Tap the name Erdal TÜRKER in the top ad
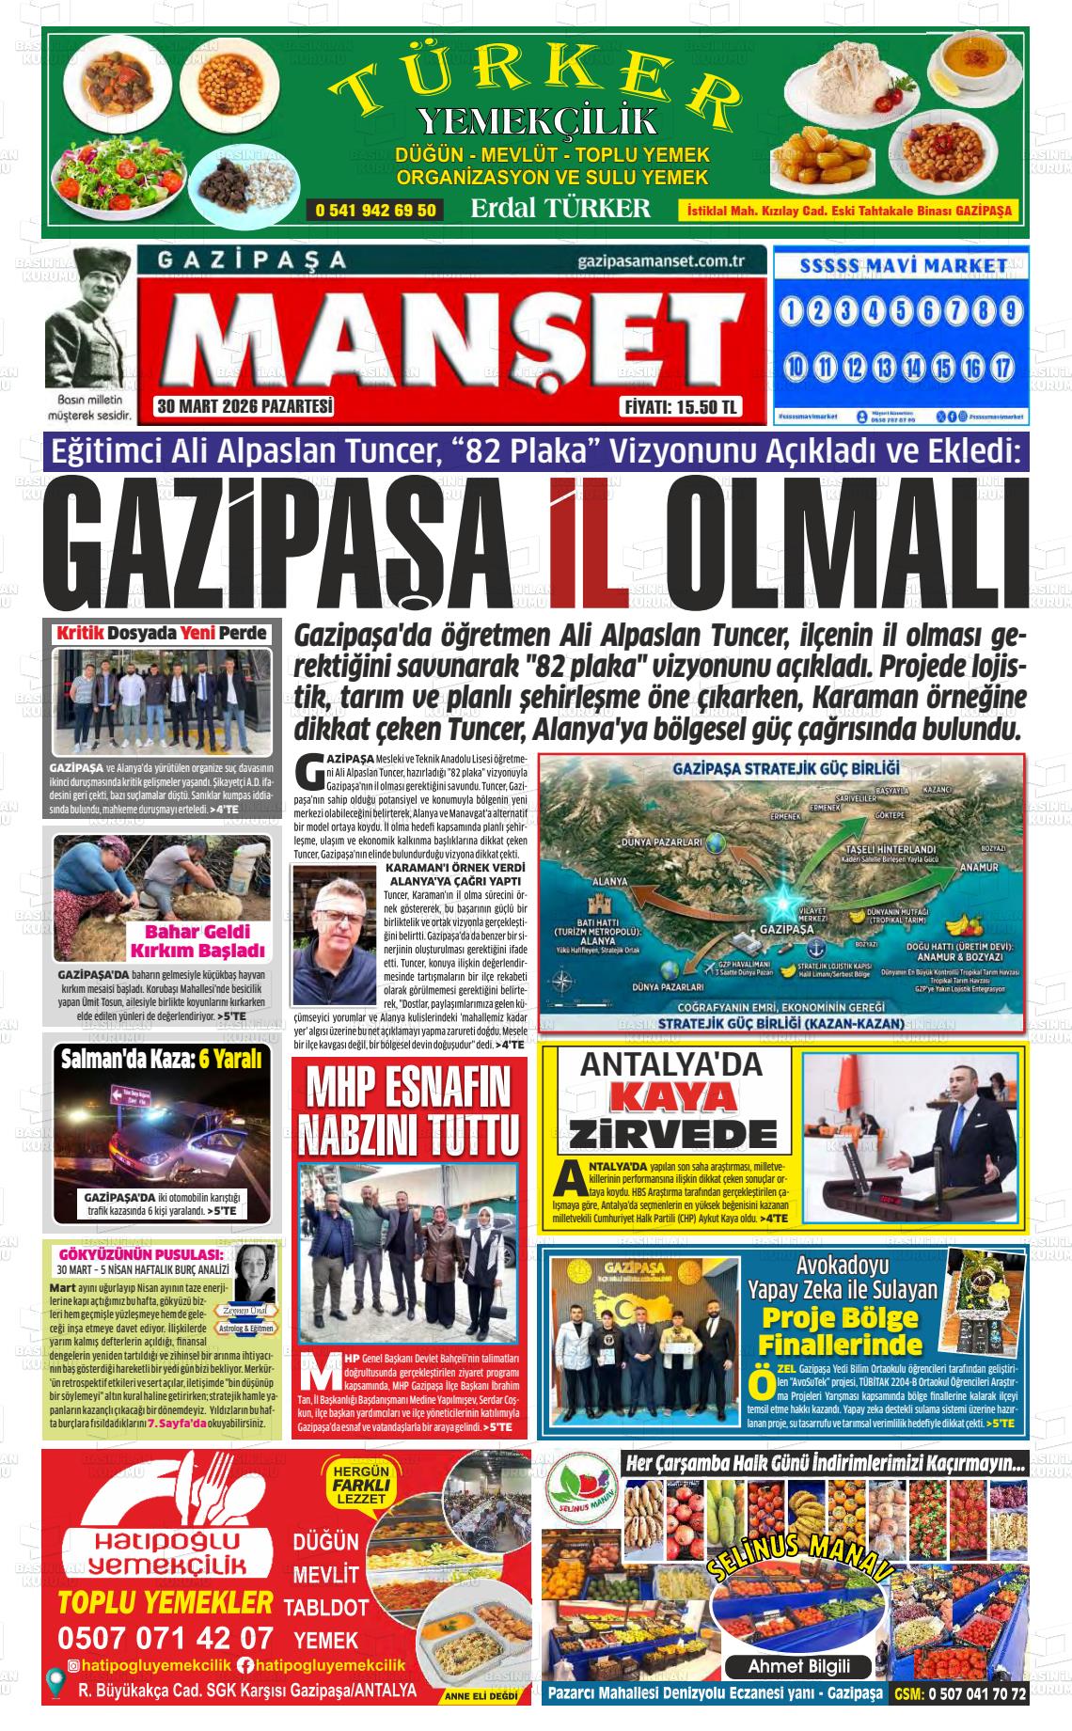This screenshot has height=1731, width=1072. click(x=560, y=208)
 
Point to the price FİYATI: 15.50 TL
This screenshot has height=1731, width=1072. click(x=681, y=408)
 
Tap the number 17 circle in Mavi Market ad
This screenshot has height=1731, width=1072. click(x=1003, y=367)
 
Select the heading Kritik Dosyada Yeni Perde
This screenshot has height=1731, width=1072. click(x=162, y=633)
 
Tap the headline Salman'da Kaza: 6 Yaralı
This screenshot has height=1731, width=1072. click(x=162, y=1060)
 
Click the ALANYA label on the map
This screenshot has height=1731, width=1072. click(x=610, y=881)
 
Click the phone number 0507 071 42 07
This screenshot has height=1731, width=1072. click(x=166, y=1637)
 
